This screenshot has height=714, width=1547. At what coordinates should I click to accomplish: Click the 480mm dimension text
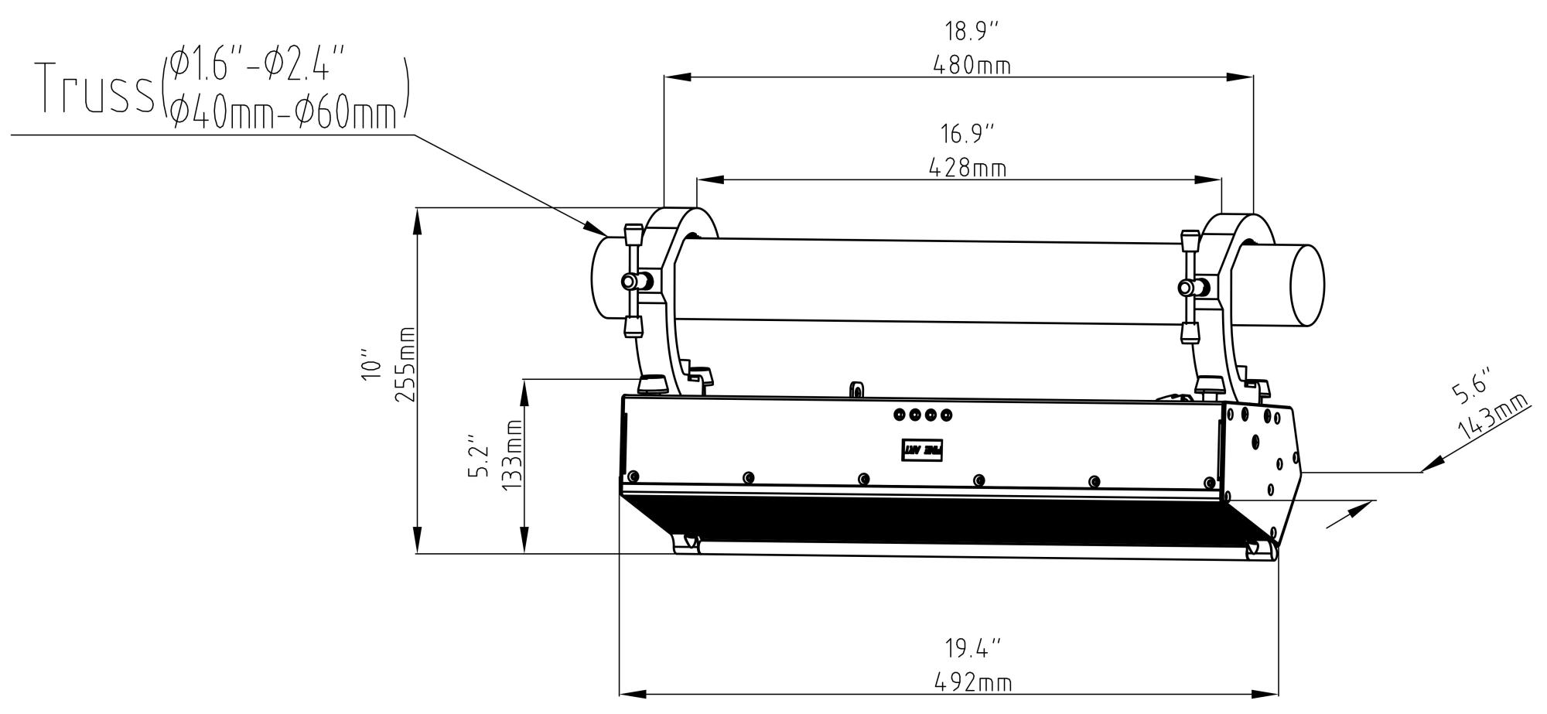coord(971,66)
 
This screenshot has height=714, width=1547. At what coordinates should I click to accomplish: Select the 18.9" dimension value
coord(971,32)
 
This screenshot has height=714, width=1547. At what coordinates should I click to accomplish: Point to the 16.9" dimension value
coord(967,134)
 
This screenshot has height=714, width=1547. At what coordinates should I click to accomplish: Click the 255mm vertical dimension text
coord(405,364)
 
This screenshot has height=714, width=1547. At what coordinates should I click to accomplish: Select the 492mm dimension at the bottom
coord(972,682)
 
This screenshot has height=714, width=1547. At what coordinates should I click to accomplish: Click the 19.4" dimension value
coord(972,647)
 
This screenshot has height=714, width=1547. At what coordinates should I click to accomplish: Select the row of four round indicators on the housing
coord(923,415)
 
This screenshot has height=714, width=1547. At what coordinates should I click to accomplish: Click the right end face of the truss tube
coord(1307,285)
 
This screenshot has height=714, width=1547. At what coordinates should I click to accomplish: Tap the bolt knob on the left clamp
coord(633,280)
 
